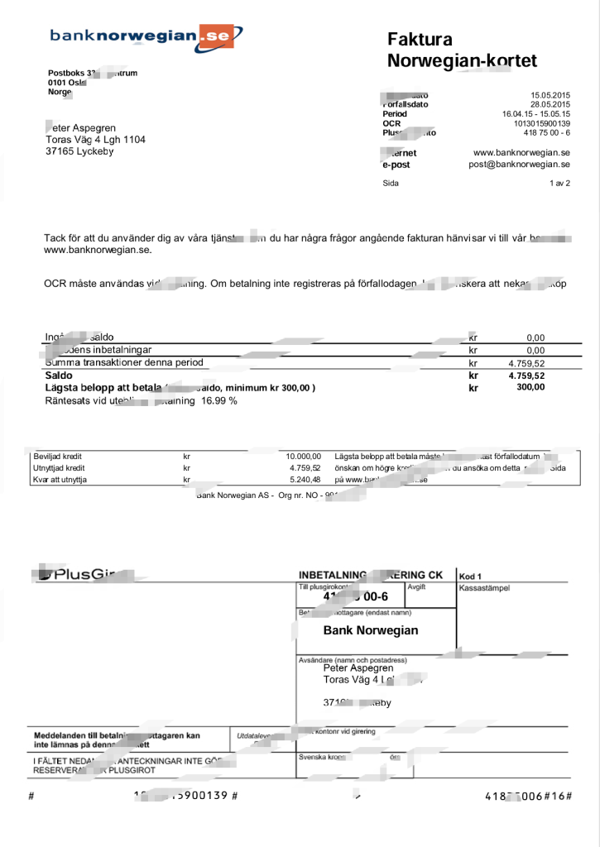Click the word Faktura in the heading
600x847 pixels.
coord(420,40)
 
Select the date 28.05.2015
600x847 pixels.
coord(550,104)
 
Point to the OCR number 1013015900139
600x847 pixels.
coord(536,123)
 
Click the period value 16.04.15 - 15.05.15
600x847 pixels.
coord(536,114)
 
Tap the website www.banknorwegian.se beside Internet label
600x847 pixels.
coord(521,153)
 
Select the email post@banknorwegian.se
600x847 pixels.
coord(519,165)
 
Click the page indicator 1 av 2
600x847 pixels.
coord(559,184)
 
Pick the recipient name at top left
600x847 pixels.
coord(81,128)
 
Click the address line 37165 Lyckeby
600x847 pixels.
coord(79,151)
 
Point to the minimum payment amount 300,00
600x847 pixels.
coord(530,387)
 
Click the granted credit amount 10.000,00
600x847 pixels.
coord(303,457)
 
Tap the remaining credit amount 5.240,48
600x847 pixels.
coord(304,480)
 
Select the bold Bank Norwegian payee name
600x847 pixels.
coord(370,630)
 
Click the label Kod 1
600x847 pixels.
coord(470,576)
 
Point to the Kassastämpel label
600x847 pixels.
coord(484,588)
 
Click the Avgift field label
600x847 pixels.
coord(416,586)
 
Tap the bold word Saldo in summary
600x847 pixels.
coord(58,376)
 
